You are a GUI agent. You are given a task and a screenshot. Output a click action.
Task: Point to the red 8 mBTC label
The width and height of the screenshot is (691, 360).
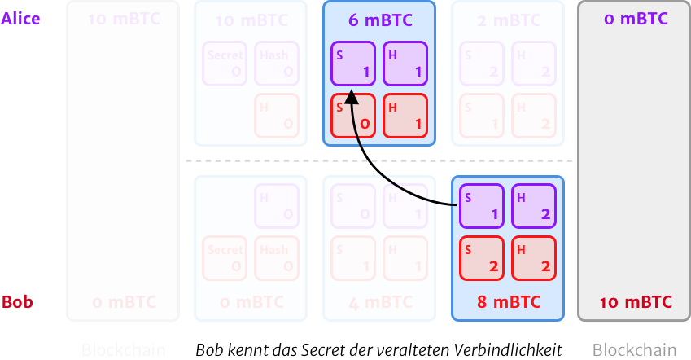(x=508, y=303)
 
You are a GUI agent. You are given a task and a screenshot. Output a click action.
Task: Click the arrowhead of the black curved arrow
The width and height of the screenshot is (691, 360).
(x=351, y=97)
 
